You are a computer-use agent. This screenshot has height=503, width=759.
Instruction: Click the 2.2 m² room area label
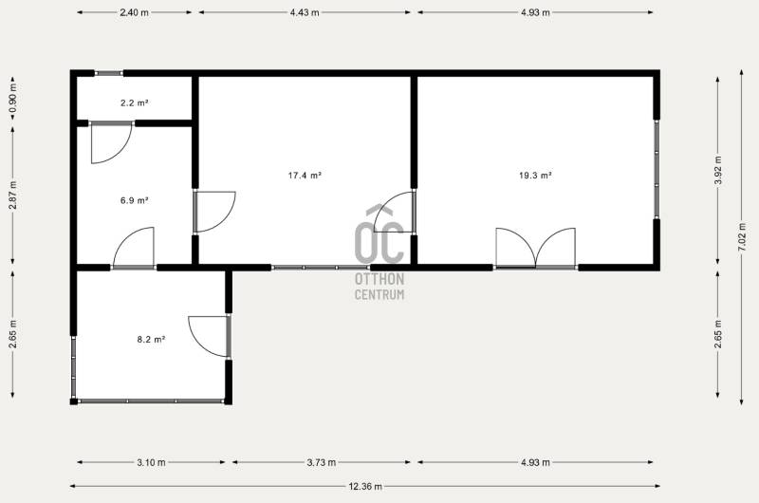[134, 102]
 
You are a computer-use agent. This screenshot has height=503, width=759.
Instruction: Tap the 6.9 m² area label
[134, 200]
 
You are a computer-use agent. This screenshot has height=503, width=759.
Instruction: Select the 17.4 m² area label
[305, 176]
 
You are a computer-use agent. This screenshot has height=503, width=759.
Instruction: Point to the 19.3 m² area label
[535, 176]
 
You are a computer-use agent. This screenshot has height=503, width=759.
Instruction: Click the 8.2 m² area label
[151, 340]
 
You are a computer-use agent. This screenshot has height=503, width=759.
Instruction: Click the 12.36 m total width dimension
[365, 486]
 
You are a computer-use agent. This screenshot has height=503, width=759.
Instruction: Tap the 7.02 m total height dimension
[741, 236]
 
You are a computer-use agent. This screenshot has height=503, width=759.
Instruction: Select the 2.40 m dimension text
[134, 12]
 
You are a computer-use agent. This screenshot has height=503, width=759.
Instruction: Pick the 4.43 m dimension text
[305, 12]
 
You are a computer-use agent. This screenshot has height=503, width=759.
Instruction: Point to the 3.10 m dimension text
[151, 462]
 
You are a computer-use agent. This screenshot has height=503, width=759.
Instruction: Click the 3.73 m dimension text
[322, 462]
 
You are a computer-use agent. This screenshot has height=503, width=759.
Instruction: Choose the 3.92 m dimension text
[718, 170]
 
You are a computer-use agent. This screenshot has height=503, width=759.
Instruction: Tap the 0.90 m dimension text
[12, 99]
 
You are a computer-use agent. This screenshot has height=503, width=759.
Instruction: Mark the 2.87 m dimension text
[12, 196]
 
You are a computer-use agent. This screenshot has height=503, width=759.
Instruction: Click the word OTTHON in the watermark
[379, 279]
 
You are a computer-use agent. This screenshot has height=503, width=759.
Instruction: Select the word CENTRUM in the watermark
[379, 294]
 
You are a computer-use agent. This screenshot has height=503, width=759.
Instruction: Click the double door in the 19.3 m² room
[535, 248]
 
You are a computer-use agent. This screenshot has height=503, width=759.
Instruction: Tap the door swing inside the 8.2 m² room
[209, 337]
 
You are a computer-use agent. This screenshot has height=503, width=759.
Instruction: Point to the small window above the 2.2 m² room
[108, 74]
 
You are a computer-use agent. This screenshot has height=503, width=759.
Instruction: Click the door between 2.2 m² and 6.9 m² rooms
[111, 142]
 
